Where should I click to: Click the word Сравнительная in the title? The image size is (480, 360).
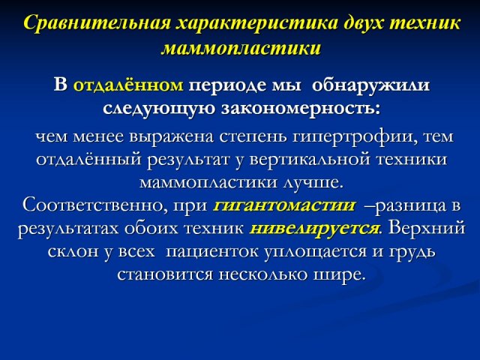(97, 23)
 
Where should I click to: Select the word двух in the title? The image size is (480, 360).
(363, 23)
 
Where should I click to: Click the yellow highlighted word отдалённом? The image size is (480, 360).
(128, 85)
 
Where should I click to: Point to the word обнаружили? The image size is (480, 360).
(370, 85)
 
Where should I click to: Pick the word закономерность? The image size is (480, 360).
(300, 108)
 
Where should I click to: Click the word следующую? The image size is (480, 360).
(159, 109)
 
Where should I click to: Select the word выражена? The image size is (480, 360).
(171, 136)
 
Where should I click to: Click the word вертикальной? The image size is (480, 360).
(310, 160)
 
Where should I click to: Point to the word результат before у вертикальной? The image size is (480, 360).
(188, 160)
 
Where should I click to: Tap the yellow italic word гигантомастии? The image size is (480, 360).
(284, 205)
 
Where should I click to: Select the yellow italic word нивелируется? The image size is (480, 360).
(314, 228)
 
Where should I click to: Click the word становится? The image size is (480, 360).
(165, 274)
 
